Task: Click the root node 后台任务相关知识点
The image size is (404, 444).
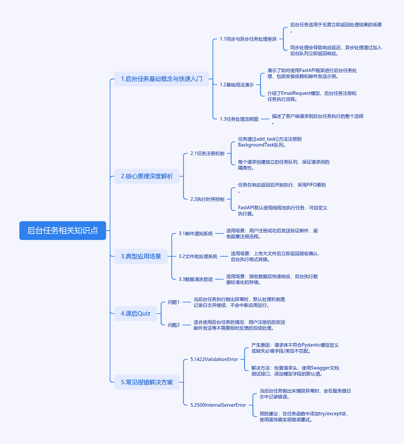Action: click(x=63, y=231)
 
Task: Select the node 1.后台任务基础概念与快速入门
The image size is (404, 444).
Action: click(x=161, y=79)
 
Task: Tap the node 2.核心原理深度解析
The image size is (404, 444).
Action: click(x=147, y=176)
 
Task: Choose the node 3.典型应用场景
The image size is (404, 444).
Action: click(x=141, y=256)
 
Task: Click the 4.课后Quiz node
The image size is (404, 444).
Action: click(x=136, y=314)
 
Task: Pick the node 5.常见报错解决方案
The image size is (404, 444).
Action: click(x=147, y=382)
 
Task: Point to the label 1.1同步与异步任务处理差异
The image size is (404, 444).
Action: click(x=248, y=39)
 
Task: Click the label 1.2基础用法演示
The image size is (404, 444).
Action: click(x=236, y=85)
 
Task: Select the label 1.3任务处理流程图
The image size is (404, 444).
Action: click(x=239, y=119)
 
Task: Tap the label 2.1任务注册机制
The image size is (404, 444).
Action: click(x=207, y=153)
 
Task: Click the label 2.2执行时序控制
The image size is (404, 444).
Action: click(x=207, y=199)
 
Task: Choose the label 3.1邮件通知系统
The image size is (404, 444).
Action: click(x=196, y=233)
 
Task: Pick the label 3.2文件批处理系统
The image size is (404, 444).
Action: click(x=198, y=256)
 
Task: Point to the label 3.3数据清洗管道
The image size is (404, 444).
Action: click(x=196, y=279)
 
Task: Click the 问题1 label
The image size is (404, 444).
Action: click(x=173, y=302)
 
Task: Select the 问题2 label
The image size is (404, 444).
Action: click(x=173, y=325)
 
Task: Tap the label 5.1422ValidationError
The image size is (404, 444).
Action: click(x=214, y=359)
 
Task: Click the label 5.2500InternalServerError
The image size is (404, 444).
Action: click(x=218, y=405)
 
